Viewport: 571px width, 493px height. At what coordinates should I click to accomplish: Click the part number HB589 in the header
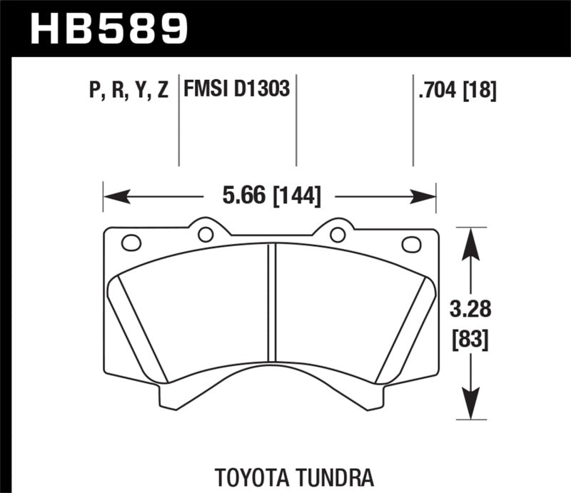tap(108, 29)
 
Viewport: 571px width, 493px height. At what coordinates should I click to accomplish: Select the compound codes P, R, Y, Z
tap(129, 91)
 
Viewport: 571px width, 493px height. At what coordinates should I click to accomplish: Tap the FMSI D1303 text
tap(236, 90)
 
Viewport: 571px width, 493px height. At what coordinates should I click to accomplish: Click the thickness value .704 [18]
tap(455, 91)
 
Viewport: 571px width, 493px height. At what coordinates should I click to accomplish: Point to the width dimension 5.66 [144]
tap(271, 195)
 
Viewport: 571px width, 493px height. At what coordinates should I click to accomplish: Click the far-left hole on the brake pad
tap(131, 243)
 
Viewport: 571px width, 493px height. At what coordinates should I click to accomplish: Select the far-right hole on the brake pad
tap(411, 244)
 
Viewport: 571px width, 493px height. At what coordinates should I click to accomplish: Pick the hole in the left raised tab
tap(206, 234)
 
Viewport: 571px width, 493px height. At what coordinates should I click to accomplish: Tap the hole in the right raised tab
tap(337, 234)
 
